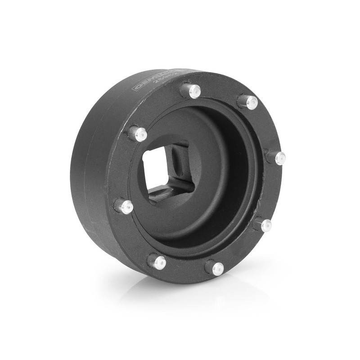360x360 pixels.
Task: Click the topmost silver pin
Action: [193, 91]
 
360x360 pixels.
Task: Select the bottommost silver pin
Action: [216, 268]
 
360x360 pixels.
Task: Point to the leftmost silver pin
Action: [126, 207]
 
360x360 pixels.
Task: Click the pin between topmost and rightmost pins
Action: [250, 103]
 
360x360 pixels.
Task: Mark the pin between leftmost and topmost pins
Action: [139, 134]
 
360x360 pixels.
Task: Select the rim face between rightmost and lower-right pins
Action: [275, 191]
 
